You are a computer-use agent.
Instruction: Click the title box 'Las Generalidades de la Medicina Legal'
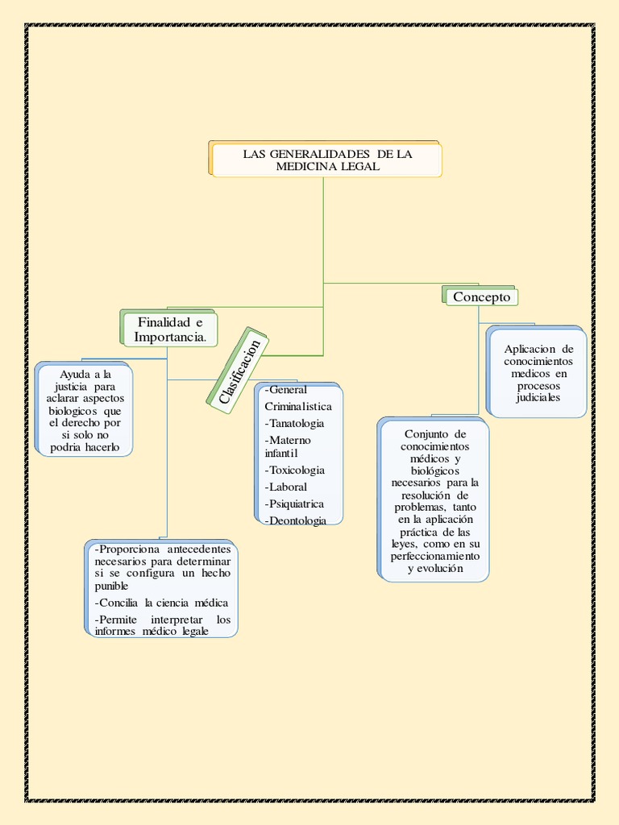pos(326,159)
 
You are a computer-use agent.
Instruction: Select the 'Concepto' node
pos(480,296)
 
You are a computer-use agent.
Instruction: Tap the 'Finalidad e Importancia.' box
pos(169,329)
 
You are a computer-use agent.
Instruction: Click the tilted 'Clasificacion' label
pos(238,371)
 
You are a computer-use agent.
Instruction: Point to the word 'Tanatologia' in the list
pos(297,424)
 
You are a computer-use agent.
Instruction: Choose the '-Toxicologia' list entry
pos(295,471)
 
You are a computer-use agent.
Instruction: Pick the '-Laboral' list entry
pos(286,487)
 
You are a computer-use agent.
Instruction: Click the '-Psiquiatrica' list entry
pos(294,504)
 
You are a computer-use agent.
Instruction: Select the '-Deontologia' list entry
pos(295,521)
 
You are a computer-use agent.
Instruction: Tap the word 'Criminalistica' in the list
pos(298,407)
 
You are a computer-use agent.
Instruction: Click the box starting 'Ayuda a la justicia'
pos(84,408)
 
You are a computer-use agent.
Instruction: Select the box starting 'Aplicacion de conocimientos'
pos(536,372)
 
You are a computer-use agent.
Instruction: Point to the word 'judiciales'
pos(538,398)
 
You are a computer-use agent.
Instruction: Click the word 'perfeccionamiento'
pos(435,556)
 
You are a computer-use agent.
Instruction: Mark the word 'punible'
pos(111,587)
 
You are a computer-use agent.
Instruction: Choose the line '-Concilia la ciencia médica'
pos(161,603)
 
